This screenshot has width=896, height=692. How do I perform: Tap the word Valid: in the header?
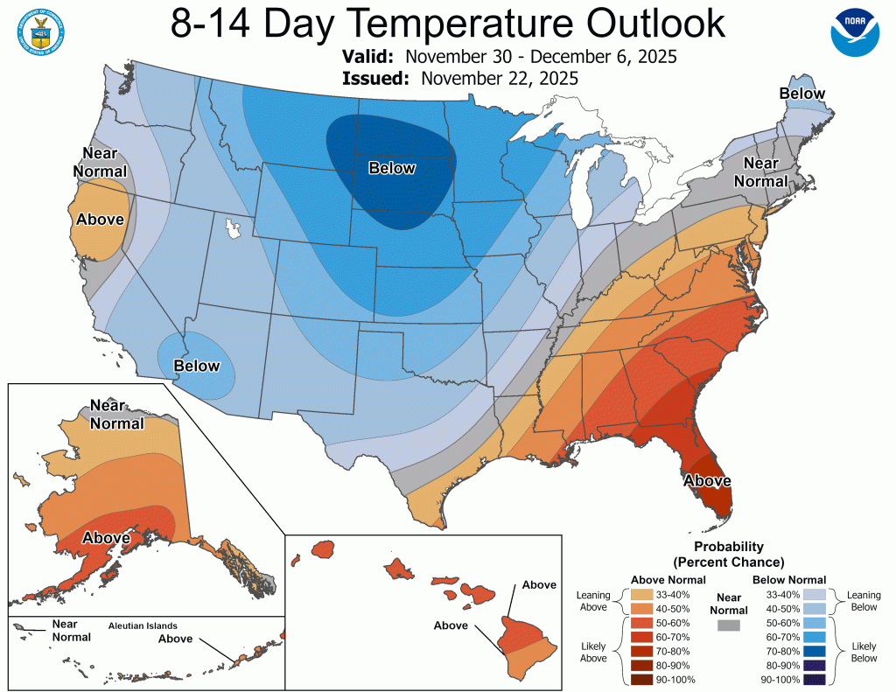[373, 57]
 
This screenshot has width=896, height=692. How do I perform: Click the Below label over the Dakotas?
[392, 168]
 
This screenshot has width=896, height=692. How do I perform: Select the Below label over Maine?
[802, 94]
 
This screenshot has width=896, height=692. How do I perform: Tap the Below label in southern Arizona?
[196, 365]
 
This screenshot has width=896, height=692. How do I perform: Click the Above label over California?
[100, 219]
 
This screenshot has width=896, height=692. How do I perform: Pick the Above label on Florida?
[707, 479]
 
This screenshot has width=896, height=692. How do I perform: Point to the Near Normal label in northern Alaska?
[115, 415]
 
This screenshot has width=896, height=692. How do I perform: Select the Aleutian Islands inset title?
[143, 626]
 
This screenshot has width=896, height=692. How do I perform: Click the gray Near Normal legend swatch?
[727, 626]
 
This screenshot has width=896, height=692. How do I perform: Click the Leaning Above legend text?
[593, 602]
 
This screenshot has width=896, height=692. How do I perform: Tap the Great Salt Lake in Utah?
[233, 230]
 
